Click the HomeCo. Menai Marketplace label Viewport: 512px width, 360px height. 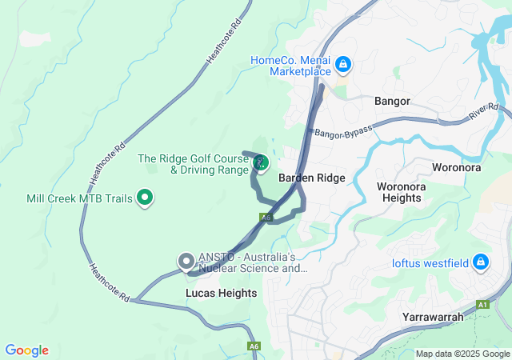point(290,66)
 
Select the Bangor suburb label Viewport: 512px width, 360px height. point(392,102)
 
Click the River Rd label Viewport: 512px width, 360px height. point(483,112)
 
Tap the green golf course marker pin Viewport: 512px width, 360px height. point(261,162)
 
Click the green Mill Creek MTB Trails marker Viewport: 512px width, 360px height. point(145,196)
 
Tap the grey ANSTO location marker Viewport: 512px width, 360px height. point(186,261)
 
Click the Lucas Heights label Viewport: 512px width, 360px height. point(222,294)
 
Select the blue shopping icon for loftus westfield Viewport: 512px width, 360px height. point(481,261)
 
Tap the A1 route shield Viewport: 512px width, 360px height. point(482,305)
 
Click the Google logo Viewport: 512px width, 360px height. point(26,350)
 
